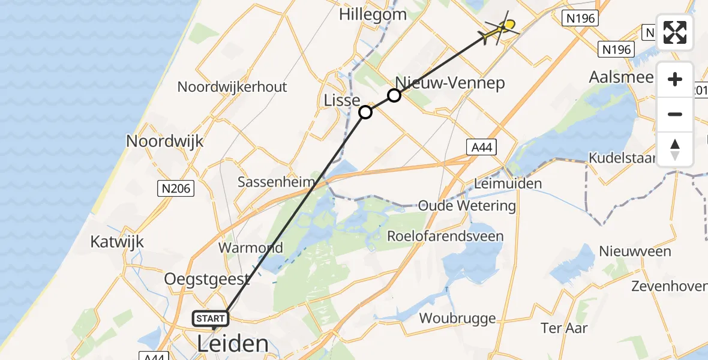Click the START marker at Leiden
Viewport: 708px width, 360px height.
[x=211, y=319]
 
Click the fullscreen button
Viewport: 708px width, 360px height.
[x=675, y=32]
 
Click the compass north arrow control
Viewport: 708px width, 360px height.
[x=675, y=149]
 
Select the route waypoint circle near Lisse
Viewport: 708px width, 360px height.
[x=365, y=112]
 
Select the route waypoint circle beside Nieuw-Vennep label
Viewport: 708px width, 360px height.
[x=394, y=95]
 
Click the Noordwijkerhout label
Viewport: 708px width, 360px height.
[x=232, y=87]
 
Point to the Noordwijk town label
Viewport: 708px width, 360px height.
[x=164, y=142]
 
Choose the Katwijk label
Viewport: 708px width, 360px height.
[x=118, y=242]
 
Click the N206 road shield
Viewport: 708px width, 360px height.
[x=176, y=189]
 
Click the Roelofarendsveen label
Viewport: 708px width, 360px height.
[x=445, y=236]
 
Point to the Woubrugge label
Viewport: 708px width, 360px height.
[x=458, y=318]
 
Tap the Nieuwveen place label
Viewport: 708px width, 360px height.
[x=635, y=251]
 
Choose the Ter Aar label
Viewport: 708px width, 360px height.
[x=564, y=328]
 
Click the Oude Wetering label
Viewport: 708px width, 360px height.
[x=467, y=206]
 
